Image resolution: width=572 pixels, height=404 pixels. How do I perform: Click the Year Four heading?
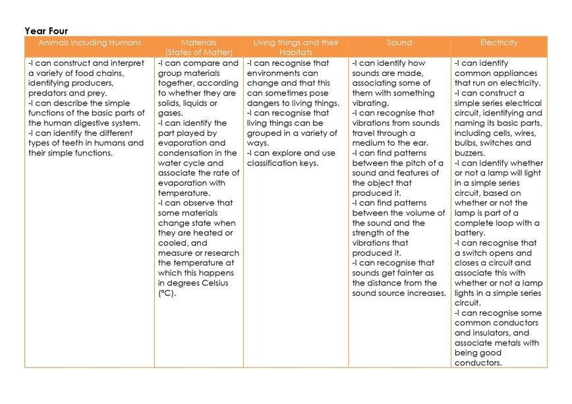pyautogui.click(x=46, y=31)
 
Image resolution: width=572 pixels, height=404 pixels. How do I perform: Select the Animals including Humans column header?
pyautogui.click(x=90, y=43)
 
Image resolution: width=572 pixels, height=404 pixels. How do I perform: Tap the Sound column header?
pyautogui.click(x=399, y=43)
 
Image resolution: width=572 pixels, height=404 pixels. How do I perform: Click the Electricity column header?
pyautogui.click(x=499, y=43)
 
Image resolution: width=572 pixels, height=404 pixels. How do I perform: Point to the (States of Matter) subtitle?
pyautogui.click(x=198, y=52)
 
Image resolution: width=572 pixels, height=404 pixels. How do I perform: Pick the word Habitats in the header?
pyautogui.click(x=296, y=52)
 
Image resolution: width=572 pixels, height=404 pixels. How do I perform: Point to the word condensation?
pyautogui.click(x=185, y=153)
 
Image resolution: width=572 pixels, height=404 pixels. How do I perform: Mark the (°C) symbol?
pyautogui.click(x=167, y=293)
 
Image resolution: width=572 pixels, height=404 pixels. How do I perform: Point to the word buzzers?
pyautogui.click(x=471, y=153)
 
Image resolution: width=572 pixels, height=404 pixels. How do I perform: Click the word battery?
pyautogui.click(x=471, y=233)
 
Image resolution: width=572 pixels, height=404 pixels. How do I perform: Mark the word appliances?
pyautogui.click(x=513, y=73)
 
